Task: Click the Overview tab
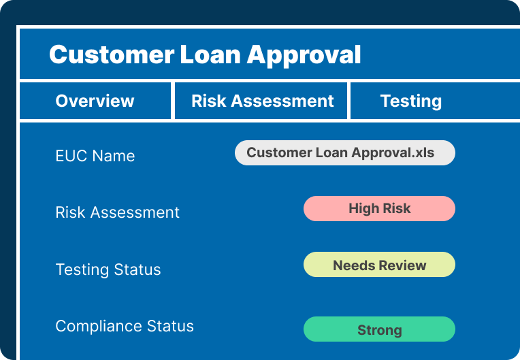95,101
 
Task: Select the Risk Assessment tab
261,101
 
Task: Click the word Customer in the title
112,54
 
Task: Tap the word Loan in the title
210,54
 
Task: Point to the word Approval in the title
304,56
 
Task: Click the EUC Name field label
95,156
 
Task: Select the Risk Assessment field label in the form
117,212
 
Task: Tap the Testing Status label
108,269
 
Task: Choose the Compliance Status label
125,326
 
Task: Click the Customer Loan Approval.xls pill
345,153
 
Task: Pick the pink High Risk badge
379,208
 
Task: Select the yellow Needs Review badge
379,265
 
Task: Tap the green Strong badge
379,329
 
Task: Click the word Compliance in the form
99,327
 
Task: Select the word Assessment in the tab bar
282,101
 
